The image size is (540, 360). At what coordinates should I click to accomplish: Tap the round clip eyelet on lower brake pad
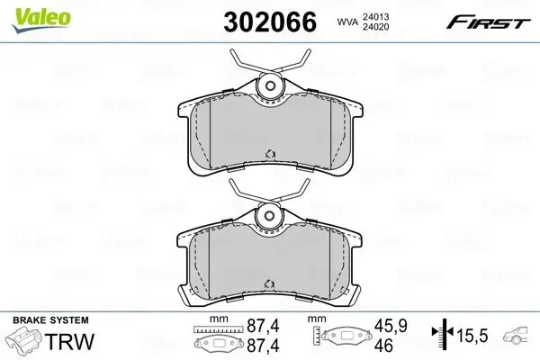coord(268,217)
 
